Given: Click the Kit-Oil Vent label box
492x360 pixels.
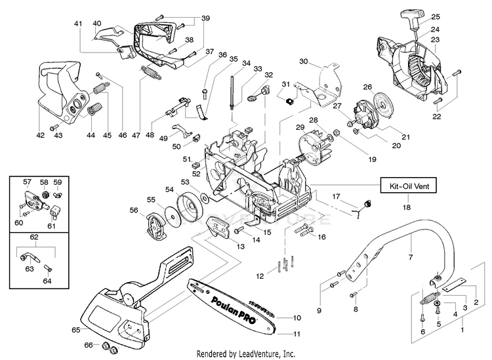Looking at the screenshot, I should [x=409, y=187].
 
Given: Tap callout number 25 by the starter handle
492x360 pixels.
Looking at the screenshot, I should [x=436, y=16].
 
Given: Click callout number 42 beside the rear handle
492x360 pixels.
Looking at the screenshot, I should [x=41, y=135].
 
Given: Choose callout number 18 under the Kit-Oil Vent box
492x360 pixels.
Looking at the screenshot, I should [x=408, y=207].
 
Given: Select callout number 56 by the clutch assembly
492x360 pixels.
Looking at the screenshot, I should [x=133, y=210].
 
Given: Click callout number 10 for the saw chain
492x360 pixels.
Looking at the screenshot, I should [x=297, y=317].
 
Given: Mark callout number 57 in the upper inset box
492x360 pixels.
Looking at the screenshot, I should [x=28, y=182].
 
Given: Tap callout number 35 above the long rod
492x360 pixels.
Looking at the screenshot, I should [x=233, y=59].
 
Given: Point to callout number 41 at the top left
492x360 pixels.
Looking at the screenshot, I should [x=78, y=24].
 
